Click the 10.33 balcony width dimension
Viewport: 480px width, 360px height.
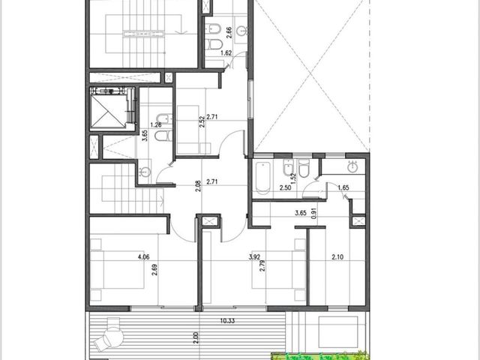[227, 321]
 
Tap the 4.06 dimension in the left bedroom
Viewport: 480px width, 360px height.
[143, 257]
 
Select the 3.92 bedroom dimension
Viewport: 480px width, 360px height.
[254, 257]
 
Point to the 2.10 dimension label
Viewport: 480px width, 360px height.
[337, 257]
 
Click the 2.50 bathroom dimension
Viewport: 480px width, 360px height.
[285, 188]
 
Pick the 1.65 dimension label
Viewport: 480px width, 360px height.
[343, 187]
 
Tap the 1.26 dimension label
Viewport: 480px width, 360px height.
[156, 125]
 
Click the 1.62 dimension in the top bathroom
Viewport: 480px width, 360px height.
[226, 53]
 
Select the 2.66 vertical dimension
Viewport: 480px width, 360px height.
[229, 32]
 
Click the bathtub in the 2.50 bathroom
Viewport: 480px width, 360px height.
[262, 178]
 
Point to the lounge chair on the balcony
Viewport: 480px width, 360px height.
[109, 336]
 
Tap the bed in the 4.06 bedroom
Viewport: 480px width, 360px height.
[117, 270]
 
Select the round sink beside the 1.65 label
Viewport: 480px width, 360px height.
[353, 166]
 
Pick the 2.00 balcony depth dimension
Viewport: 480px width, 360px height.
[196, 337]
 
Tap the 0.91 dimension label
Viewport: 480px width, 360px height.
[313, 213]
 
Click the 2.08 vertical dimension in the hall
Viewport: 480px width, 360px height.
[198, 186]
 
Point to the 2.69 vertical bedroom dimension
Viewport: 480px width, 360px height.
[155, 270]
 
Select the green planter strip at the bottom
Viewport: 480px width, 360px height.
[320, 356]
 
